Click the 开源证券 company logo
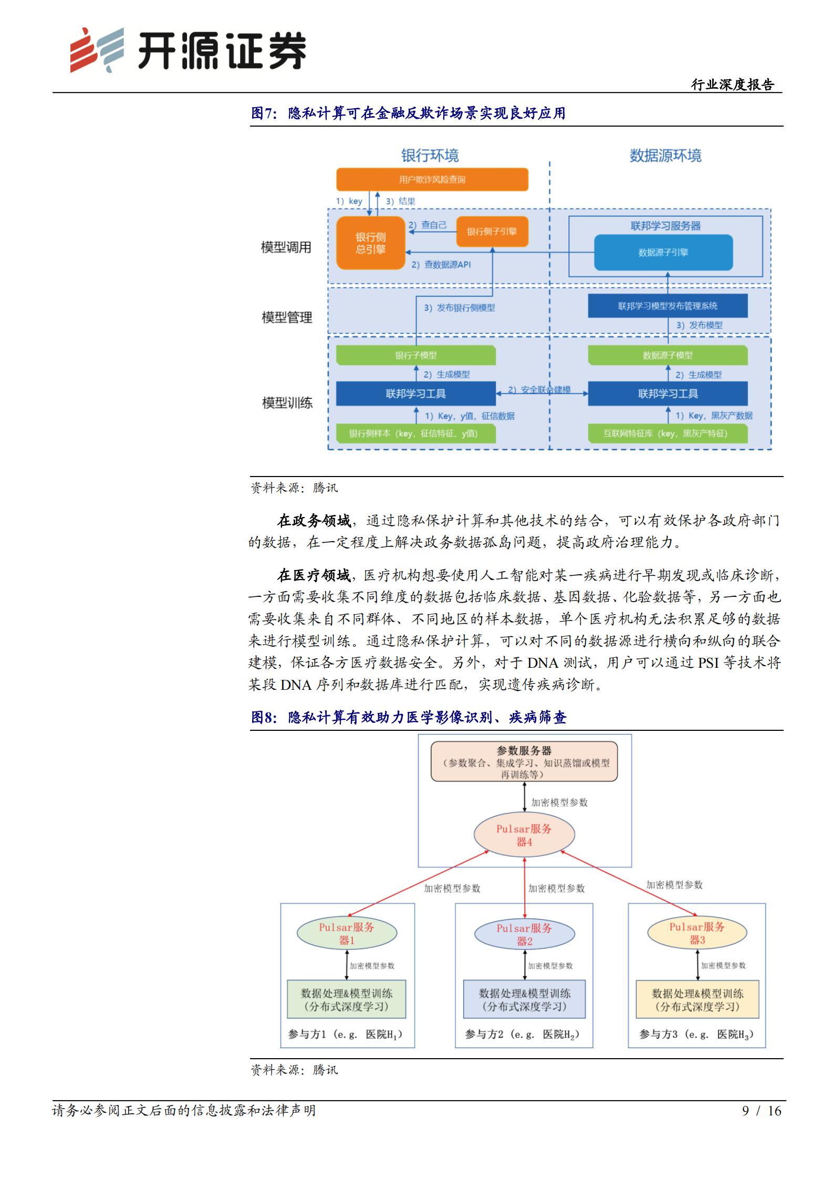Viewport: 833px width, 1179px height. coord(188,50)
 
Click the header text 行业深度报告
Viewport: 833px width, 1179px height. coord(732,85)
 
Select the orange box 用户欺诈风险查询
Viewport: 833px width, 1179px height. coord(432,180)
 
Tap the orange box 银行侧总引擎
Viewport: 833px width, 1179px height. coord(370,243)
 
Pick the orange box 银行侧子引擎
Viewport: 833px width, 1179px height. coord(492,232)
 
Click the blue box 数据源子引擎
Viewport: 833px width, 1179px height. coord(663,253)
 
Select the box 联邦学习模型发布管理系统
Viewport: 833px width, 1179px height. coord(667,306)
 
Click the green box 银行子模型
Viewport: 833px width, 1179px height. coord(415,355)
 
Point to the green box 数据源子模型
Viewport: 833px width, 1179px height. coord(667,355)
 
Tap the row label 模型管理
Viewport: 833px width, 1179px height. coord(287,317)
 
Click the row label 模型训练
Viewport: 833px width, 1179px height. coord(287,403)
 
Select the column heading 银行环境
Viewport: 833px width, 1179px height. coord(430,156)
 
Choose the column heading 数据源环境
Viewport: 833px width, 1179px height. coord(665,156)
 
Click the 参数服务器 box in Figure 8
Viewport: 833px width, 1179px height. coord(524,761)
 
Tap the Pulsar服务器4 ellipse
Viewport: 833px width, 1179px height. coord(524,835)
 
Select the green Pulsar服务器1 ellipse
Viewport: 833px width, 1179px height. coord(347,933)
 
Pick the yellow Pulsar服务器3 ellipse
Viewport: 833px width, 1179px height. coord(696,933)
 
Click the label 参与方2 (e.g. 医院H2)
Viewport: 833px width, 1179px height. coord(522,1034)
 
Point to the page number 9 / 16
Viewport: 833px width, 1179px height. coord(761,1110)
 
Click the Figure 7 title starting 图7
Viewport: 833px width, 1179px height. coord(408,113)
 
